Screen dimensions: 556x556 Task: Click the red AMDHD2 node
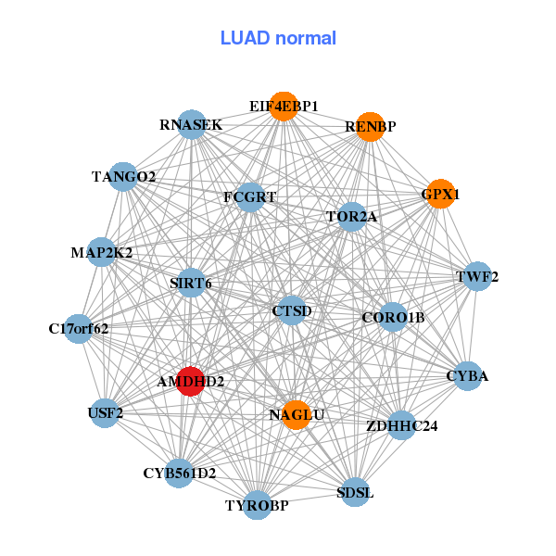190,381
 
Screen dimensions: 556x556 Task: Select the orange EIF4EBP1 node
284,107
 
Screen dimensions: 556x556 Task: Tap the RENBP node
370,127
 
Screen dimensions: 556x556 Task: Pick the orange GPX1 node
440,195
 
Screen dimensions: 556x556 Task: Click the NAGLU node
297,414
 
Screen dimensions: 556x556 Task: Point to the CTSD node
292,310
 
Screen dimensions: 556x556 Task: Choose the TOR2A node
351,217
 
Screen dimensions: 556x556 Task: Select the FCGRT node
249,196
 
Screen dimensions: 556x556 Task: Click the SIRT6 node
191,283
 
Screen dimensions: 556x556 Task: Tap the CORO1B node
393,318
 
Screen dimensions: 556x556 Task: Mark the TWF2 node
477,276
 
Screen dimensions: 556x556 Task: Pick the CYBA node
467,376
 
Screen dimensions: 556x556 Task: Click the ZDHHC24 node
401,426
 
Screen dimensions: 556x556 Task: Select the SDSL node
355,492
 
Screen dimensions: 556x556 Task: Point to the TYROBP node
258,505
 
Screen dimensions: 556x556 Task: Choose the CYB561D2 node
179,473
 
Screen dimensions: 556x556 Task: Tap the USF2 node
106,412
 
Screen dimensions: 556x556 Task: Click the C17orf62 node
79,328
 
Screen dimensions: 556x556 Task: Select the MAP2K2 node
102,252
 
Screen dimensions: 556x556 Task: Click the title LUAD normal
278,38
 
